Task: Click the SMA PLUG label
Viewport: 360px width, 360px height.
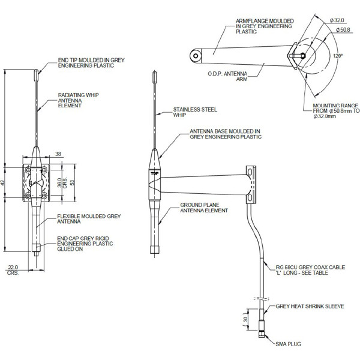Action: (x=288, y=344)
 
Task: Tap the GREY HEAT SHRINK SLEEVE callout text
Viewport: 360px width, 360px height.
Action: (x=309, y=306)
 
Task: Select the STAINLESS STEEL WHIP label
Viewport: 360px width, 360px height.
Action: (x=194, y=112)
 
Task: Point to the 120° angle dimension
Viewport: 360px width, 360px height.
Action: (x=338, y=55)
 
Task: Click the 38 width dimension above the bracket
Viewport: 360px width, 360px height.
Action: (x=58, y=154)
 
